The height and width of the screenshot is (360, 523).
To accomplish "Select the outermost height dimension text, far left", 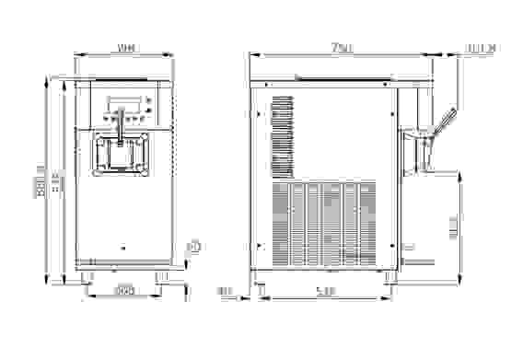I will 41,178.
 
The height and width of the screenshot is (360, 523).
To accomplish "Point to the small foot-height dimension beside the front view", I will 194,247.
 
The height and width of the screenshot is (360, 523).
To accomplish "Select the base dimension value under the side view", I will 324,292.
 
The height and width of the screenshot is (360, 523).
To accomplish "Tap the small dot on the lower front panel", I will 123,246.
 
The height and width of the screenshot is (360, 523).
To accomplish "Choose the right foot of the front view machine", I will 161,275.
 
